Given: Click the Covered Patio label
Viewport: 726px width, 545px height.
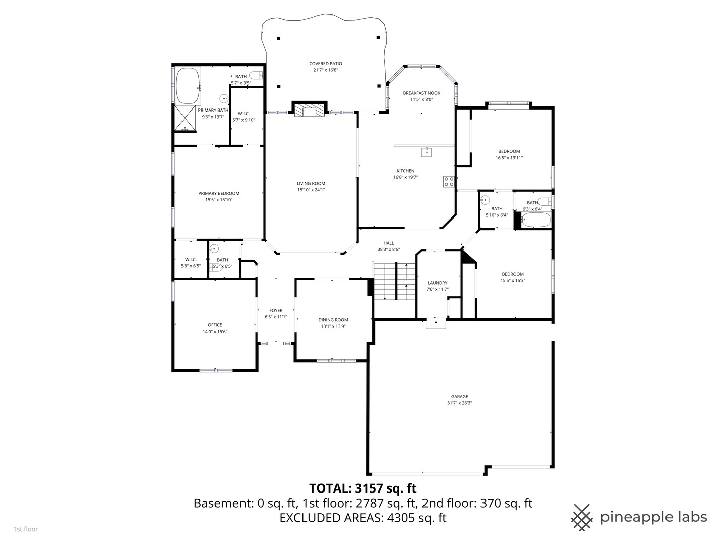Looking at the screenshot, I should click(x=325, y=64).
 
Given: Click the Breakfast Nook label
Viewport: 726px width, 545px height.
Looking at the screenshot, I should click(x=421, y=93).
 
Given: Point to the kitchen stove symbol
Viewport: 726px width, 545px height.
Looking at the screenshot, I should click(x=448, y=181).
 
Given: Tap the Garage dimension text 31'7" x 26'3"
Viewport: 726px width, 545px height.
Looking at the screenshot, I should click(x=459, y=403).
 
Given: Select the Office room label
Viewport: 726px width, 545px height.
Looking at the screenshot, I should click(x=215, y=325).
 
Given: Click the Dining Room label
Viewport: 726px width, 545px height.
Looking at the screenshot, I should click(x=333, y=320).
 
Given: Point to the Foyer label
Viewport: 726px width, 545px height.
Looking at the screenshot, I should click(x=276, y=310).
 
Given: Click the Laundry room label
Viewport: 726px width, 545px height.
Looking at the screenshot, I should click(x=437, y=283).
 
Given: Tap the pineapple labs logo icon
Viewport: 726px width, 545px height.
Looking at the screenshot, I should click(x=582, y=517).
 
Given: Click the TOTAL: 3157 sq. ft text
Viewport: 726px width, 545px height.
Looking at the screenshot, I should click(x=362, y=488).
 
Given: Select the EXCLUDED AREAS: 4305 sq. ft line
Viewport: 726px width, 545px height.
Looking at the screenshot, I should click(x=362, y=518).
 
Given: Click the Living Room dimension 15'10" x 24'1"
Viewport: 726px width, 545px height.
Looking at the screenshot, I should click(x=311, y=190).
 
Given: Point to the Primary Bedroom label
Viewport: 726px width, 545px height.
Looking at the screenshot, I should click(x=218, y=193).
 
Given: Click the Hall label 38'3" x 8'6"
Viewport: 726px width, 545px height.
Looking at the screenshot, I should click(x=388, y=243).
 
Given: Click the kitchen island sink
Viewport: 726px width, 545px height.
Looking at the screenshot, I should click(x=427, y=152).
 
